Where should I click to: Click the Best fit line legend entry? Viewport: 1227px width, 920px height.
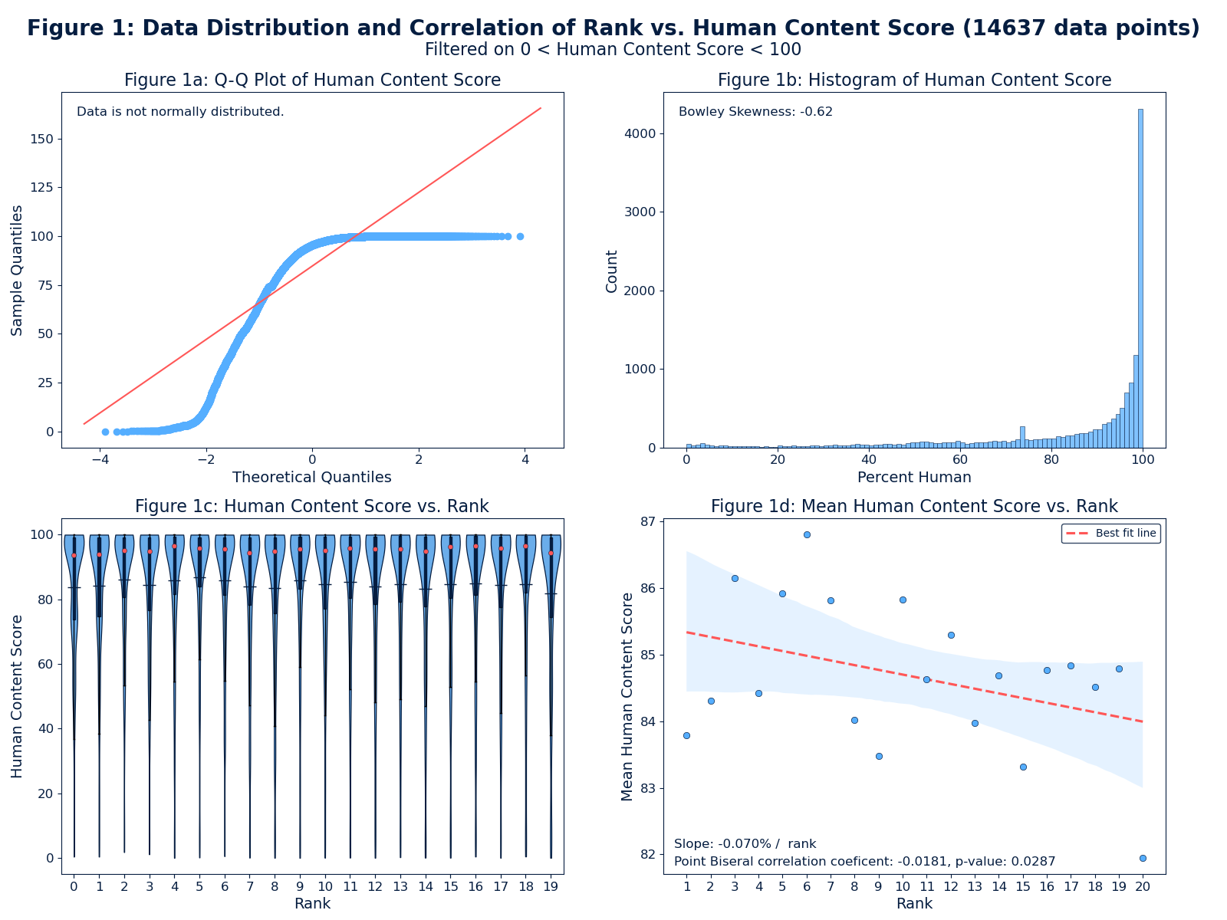click(1111, 534)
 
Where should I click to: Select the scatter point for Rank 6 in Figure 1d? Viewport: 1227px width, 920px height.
click(807, 534)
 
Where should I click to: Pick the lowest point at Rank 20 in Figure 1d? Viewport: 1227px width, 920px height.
click(1143, 858)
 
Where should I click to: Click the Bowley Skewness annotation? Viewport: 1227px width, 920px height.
click(755, 112)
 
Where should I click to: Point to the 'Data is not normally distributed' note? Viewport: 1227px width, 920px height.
click(180, 112)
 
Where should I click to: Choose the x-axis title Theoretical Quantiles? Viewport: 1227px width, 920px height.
click(311, 477)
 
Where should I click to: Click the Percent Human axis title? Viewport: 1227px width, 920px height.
click(914, 477)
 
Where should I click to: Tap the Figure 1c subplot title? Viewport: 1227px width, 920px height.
click(311, 506)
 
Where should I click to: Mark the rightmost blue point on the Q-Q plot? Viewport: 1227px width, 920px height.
click(520, 236)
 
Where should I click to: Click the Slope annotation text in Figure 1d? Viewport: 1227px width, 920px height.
click(745, 843)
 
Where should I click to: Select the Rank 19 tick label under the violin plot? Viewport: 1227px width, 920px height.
click(551, 887)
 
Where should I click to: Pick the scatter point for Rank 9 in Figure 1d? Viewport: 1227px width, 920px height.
click(879, 756)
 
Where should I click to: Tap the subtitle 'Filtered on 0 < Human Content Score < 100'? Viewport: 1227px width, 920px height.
click(613, 50)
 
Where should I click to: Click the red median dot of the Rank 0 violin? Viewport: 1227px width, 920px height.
click(74, 555)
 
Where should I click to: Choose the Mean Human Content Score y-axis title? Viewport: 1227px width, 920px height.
click(628, 696)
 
